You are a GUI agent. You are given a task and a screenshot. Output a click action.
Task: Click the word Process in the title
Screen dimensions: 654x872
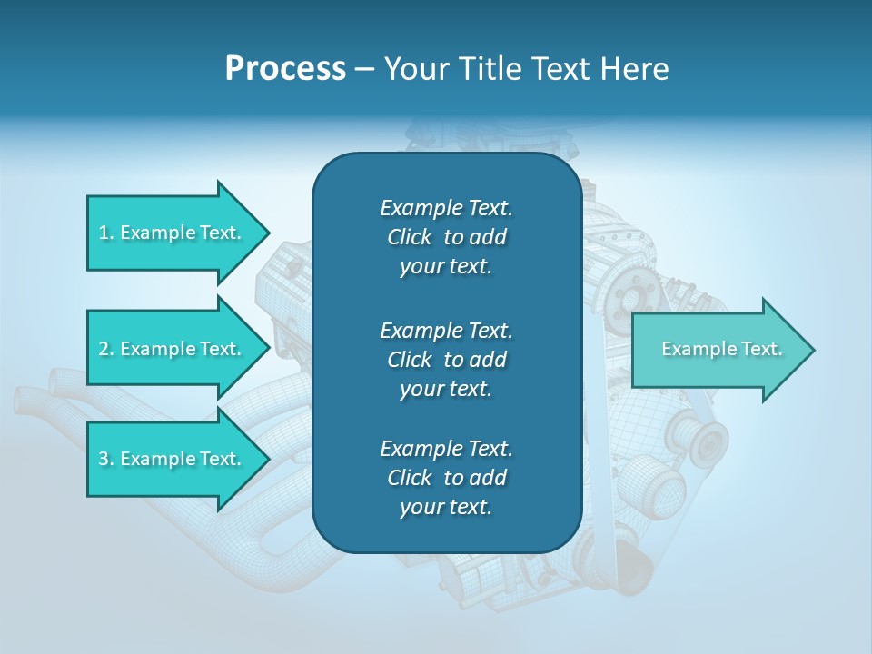285,69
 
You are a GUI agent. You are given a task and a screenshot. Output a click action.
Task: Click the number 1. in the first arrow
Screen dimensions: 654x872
106,233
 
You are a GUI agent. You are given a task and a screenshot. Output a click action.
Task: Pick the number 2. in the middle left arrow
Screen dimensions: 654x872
106,349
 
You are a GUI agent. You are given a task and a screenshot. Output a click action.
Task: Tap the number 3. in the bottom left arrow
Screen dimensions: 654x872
106,459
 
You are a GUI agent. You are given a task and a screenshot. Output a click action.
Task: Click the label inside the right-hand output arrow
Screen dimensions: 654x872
721,349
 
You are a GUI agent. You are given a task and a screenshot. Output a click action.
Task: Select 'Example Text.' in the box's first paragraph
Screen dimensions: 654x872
446,208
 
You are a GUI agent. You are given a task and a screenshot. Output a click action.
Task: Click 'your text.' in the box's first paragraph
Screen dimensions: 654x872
446,266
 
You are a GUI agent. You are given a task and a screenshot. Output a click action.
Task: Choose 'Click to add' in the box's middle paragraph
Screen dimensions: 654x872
446,360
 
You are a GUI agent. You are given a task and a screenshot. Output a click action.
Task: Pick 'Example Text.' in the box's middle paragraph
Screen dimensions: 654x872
446,330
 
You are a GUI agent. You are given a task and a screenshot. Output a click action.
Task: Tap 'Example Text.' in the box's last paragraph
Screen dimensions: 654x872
446,449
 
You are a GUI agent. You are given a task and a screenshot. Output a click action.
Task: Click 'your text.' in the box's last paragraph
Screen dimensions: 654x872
446,507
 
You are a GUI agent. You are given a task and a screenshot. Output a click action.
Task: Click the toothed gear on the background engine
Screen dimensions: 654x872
627,294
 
